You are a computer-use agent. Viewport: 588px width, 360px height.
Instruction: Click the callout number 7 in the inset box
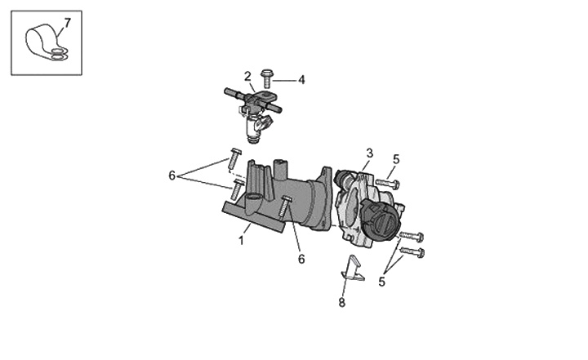click(x=67, y=23)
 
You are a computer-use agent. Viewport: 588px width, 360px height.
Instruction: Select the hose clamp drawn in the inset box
click(x=45, y=44)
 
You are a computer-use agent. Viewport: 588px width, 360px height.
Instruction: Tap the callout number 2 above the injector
click(x=247, y=77)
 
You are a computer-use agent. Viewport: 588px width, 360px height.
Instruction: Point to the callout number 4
click(x=301, y=80)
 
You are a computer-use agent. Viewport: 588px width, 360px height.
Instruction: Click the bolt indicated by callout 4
click(x=266, y=78)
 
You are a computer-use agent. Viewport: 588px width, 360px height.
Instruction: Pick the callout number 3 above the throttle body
click(x=370, y=153)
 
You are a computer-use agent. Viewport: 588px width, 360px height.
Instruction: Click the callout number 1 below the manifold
click(x=241, y=240)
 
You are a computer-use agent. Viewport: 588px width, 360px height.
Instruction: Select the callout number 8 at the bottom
click(x=341, y=302)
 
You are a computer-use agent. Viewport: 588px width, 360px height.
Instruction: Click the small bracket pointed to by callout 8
click(x=352, y=269)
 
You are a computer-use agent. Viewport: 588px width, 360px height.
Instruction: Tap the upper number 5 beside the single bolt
click(x=396, y=159)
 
